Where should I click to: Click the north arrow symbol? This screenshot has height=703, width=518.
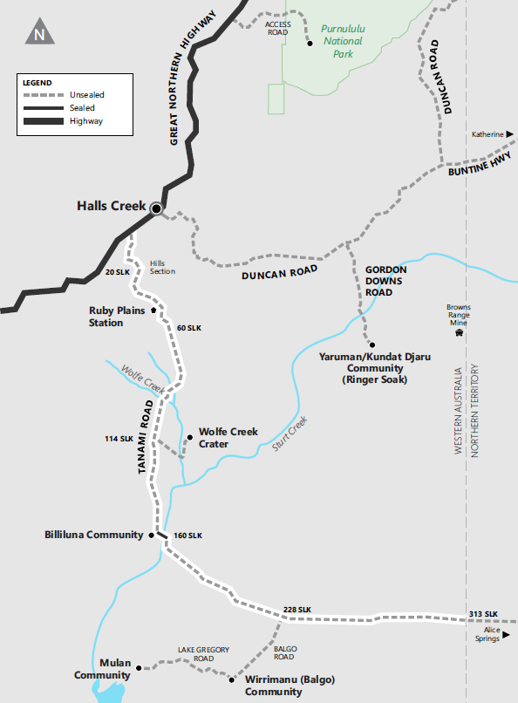tap(39, 34)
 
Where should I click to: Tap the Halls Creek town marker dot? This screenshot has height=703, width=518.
tap(156, 208)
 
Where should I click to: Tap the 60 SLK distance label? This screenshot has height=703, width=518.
tap(188, 328)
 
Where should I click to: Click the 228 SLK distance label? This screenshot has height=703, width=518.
tap(297, 609)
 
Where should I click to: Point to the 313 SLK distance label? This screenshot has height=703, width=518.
tap(482, 614)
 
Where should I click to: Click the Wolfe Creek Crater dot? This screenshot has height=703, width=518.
tap(189, 437)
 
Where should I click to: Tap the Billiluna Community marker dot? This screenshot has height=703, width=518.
tap(152, 535)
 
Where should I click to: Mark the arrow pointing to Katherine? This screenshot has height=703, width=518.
tap(511, 134)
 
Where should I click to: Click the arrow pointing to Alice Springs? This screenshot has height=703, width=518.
tap(505, 638)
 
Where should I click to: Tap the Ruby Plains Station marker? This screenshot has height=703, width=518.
tap(153, 310)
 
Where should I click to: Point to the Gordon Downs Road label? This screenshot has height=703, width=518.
tap(386, 281)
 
